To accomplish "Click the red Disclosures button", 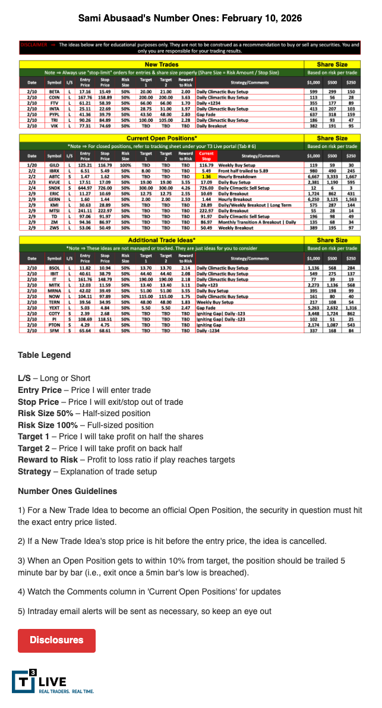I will click(56, 640).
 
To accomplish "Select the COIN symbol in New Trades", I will click(55, 97).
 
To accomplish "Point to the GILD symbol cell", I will click(55, 164).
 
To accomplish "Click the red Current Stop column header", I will click(206, 156).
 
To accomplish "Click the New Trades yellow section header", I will click(162, 64).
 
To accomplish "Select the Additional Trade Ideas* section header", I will click(162, 239).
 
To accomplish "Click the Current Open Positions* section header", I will click(162, 138).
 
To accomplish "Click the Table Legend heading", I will click(44, 355).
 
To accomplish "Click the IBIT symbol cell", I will click(55, 273).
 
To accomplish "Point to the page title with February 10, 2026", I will click(190, 18).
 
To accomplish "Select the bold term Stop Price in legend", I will click(40, 401).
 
